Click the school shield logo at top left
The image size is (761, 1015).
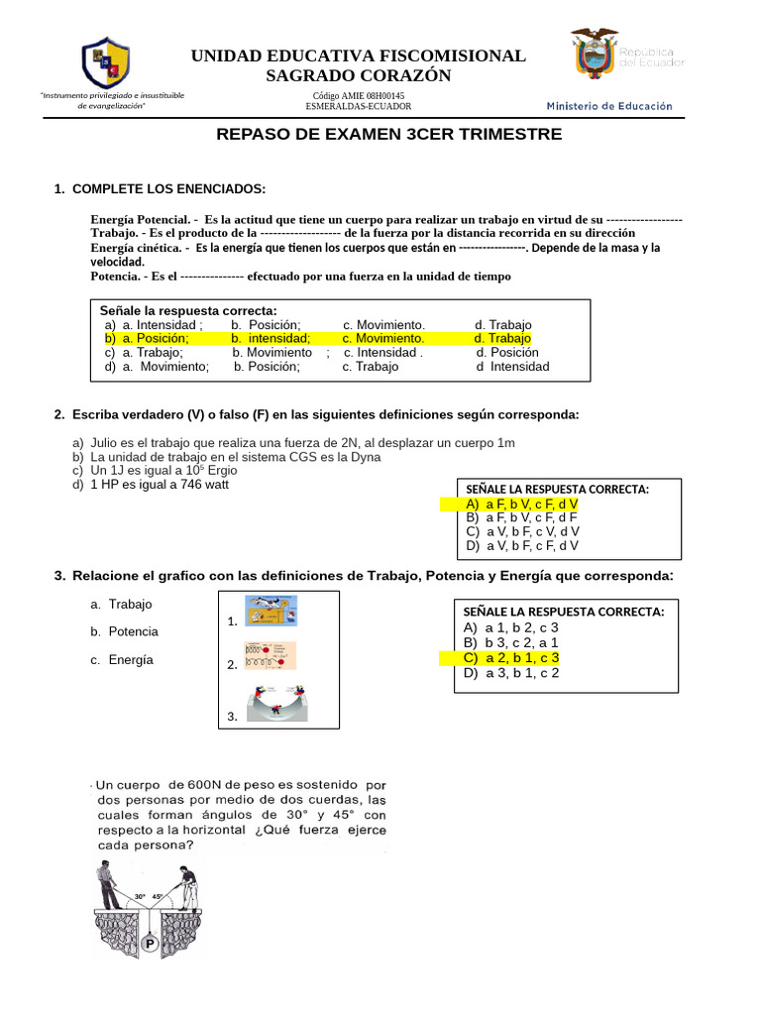tap(105, 63)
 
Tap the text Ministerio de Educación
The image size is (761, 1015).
tap(609, 106)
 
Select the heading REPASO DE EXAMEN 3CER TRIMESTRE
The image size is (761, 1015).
tap(388, 134)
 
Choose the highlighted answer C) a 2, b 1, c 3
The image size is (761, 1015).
tap(509, 657)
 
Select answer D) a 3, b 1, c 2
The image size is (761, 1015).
tap(510, 672)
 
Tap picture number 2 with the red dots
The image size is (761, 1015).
tap(270, 656)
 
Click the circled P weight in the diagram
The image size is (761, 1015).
tap(150, 945)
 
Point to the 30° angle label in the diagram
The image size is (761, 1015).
tap(140, 896)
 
